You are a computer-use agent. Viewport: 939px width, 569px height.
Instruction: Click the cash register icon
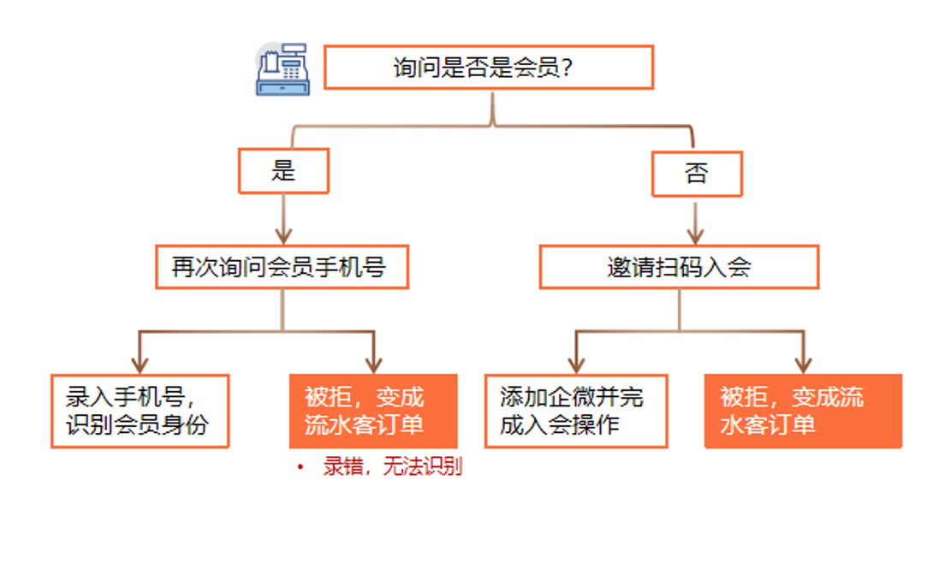coord(282,69)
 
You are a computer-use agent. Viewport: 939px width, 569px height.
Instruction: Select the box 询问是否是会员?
coord(489,68)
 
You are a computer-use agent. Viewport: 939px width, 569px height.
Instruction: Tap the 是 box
coord(283,170)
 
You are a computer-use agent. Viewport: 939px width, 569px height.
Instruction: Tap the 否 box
coord(697,174)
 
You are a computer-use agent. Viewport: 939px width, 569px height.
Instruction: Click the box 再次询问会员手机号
coord(281,267)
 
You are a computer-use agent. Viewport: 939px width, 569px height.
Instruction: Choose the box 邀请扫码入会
coord(679,267)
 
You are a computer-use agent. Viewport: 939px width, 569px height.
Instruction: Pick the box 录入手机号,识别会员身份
coord(140,411)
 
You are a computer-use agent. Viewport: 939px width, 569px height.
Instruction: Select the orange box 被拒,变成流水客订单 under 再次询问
coord(373,411)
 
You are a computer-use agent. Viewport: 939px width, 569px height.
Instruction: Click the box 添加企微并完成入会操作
coord(575,411)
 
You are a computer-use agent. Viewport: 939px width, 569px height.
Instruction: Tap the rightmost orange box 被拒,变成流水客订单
coord(802,411)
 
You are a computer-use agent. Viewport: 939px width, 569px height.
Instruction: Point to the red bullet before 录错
coord(300,468)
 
